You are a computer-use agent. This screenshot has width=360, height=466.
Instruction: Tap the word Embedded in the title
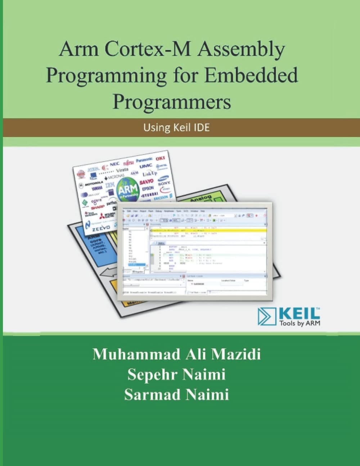257,75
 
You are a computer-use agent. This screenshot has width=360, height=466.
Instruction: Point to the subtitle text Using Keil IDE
176,127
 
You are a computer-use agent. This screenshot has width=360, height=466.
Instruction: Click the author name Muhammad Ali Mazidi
176,354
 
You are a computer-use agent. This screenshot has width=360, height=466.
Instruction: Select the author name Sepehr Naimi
176,375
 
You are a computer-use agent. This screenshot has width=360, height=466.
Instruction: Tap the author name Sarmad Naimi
176,395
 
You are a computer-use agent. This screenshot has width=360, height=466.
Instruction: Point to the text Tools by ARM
300,323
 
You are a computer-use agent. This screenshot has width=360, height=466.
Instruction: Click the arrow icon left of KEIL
267,317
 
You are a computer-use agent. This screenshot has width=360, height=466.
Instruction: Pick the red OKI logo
160,159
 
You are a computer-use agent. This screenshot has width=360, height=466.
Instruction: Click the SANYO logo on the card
146,182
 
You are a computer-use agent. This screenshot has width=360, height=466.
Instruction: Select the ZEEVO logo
101,228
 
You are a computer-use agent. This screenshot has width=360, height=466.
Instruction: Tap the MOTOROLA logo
94,183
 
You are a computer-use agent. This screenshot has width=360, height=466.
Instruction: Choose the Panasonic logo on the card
144,160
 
